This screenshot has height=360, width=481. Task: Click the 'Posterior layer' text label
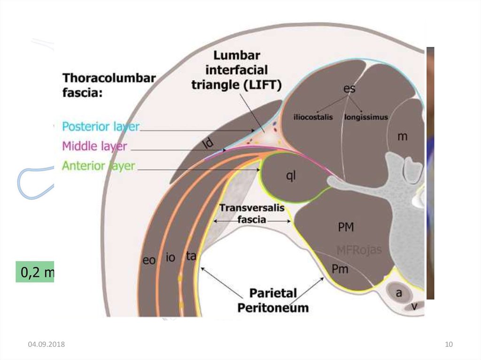pyautogui.click(x=101, y=127)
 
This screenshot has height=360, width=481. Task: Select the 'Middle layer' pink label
pyautogui.click(x=94, y=146)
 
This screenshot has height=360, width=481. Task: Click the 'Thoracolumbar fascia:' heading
pyautogui.click(x=109, y=85)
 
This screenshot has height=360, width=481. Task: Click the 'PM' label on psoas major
pyautogui.click(x=346, y=228)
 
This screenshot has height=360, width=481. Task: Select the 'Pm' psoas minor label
pyautogui.click(x=340, y=269)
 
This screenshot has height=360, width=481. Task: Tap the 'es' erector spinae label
pyautogui.click(x=349, y=88)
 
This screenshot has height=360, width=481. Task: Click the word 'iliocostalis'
pyautogui.click(x=313, y=117)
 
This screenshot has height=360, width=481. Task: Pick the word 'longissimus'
pyautogui.click(x=366, y=117)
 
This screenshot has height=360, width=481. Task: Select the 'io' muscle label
pyautogui.click(x=171, y=257)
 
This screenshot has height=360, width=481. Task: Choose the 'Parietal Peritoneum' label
pyautogui.click(x=273, y=300)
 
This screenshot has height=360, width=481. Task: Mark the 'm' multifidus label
pyautogui.click(x=402, y=137)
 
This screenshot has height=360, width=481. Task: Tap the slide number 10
pyautogui.click(x=449, y=345)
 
